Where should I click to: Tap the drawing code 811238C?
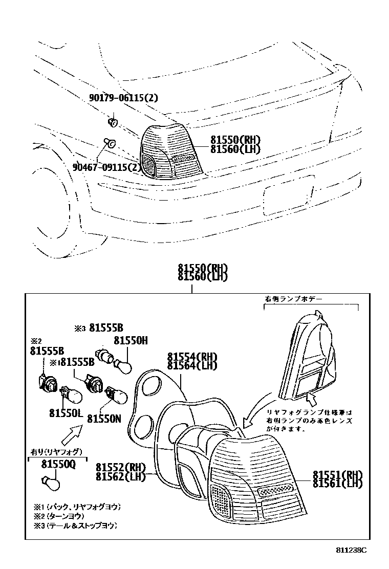(352, 550)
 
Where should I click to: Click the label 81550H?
(131, 340)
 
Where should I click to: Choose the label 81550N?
(103, 419)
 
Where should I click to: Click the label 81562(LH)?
(121, 476)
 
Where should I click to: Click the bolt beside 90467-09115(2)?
(109, 142)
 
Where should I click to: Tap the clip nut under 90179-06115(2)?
(114, 122)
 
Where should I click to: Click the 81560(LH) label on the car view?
(235, 149)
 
